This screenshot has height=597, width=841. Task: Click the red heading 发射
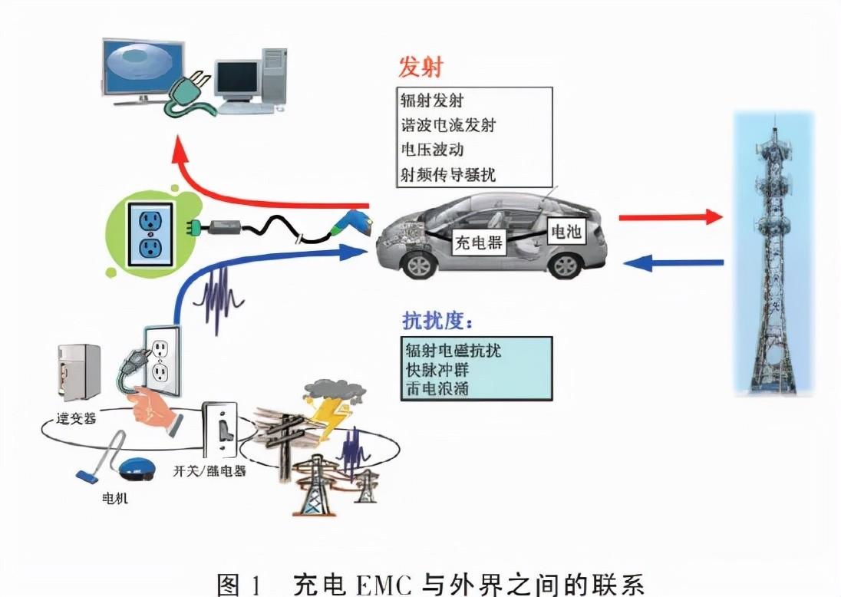click(x=420, y=68)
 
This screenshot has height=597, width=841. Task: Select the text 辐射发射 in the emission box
click(x=433, y=101)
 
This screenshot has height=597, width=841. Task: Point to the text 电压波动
click(x=433, y=149)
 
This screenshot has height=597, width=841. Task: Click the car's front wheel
click(x=420, y=265)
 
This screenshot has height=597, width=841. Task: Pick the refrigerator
click(x=78, y=374)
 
